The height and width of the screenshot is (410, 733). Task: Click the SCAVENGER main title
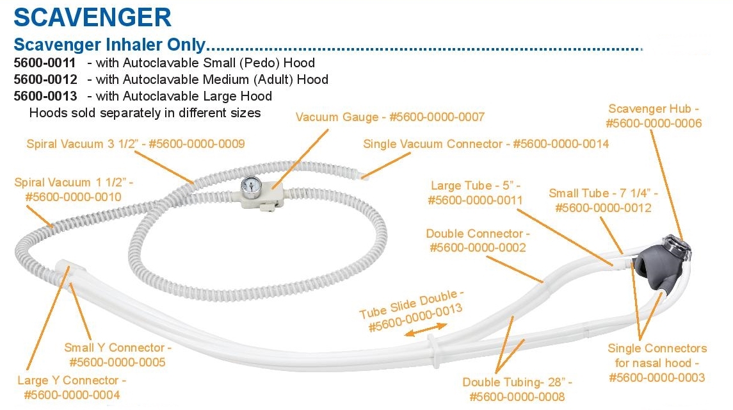[x=92, y=17]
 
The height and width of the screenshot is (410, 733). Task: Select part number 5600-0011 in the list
[x=45, y=63]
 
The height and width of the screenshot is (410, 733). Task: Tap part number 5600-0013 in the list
[x=45, y=96]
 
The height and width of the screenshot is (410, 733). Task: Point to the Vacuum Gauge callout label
[x=390, y=117]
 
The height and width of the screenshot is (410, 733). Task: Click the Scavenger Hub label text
[x=654, y=116]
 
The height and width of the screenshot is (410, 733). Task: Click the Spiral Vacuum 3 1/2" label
[x=136, y=144]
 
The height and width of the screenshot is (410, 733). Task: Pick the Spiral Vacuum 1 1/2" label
[x=74, y=190]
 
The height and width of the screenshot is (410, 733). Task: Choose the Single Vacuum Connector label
[x=486, y=144]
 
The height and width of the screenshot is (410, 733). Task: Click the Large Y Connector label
[x=72, y=388]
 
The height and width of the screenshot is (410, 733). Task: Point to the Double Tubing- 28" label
[x=517, y=389]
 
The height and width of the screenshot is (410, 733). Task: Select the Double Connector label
[x=478, y=241]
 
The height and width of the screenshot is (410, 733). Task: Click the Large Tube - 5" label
[x=477, y=193]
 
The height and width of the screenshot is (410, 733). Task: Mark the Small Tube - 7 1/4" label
[x=603, y=201]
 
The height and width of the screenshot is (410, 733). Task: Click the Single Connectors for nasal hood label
[x=657, y=363]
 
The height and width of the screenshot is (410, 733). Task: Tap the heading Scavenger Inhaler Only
[x=109, y=45]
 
